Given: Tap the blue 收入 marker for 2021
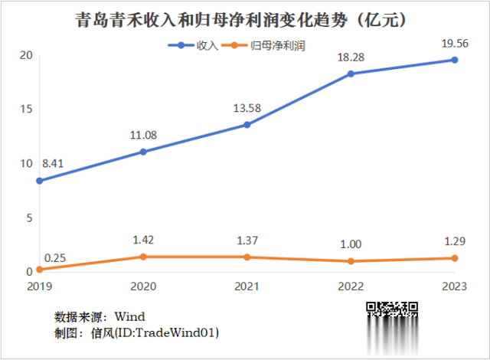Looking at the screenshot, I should (247, 124).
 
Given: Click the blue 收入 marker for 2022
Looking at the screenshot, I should (351, 74).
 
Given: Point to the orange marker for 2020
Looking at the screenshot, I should (143, 257).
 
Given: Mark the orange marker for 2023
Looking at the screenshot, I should (454, 258).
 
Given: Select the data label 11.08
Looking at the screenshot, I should (142, 136).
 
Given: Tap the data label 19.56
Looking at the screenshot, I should (454, 44).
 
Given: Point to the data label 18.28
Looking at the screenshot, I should (351, 57).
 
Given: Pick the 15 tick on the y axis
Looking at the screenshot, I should (26, 109).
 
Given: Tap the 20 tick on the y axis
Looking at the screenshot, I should (26, 55).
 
